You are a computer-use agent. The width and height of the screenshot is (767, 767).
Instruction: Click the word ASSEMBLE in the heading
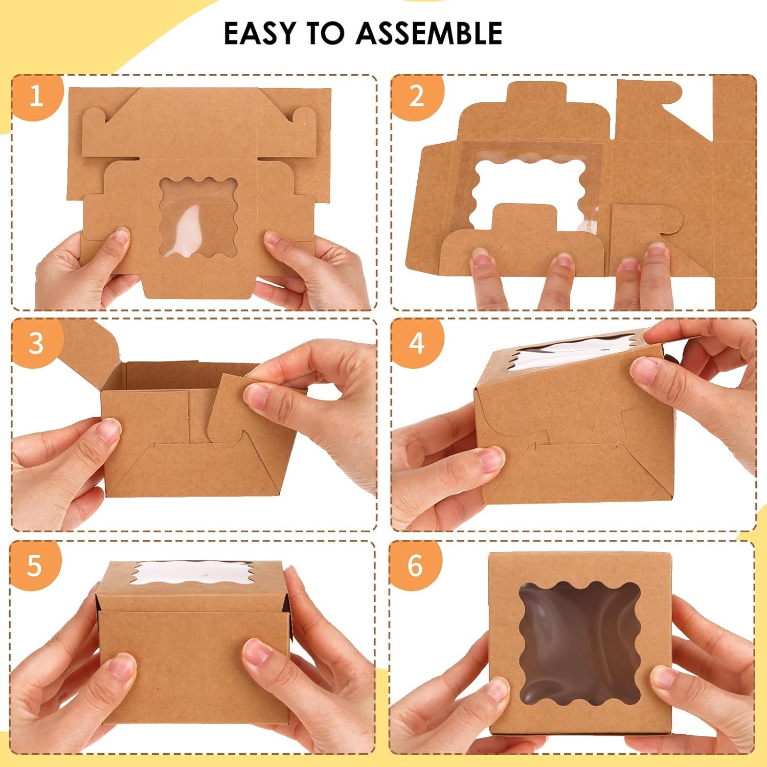click(429, 34)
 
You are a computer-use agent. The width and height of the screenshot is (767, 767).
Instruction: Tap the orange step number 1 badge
click(36, 96)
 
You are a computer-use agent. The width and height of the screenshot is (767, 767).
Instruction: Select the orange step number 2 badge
click(417, 96)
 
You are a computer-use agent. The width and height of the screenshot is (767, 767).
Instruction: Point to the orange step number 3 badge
click(36, 343)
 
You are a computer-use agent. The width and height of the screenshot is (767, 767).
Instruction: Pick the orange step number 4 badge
click(417, 343)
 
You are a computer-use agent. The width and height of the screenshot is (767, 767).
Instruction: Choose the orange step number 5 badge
click(34, 566)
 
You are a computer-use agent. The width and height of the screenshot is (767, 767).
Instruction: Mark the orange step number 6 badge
click(415, 566)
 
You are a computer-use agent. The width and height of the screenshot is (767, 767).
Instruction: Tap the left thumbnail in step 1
click(121, 236)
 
